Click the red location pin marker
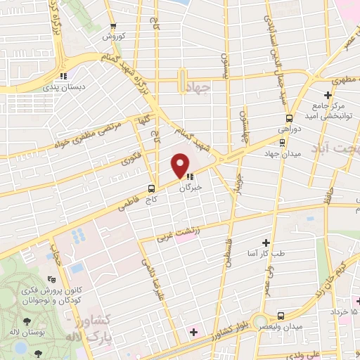(181, 166)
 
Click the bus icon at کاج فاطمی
(151, 188)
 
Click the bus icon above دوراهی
(288, 117)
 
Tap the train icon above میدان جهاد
(281, 141)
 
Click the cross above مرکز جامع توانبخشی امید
(328, 95)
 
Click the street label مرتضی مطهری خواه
(87, 134)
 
